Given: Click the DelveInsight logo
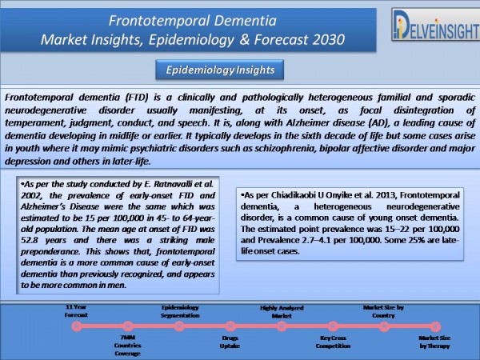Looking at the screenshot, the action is pyautogui.click(x=436, y=25).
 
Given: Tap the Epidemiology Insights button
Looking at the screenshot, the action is pyautogui.click(x=220, y=70).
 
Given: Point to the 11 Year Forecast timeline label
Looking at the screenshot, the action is pyautogui.click(x=76, y=311).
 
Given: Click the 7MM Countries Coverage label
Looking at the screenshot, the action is pyautogui.click(x=128, y=346).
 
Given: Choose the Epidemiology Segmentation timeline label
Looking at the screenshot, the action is pyautogui.click(x=180, y=311).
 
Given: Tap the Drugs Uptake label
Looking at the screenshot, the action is pyautogui.click(x=230, y=342).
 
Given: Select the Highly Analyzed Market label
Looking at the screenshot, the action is pyautogui.click(x=282, y=312).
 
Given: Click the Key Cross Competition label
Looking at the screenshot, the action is pyautogui.click(x=333, y=342).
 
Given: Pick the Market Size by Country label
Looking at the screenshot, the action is pyautogui.click(x=383, y=311).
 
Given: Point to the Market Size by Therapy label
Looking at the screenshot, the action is pyautogui.click(x=434, y=342).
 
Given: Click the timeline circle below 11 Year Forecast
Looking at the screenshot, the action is pyautogui.click(x=77, y=326).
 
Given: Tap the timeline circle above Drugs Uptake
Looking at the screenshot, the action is pyautogui.click(x=230, y=326).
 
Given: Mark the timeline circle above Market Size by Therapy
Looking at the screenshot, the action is pyautogui.click(x=435, y=326).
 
